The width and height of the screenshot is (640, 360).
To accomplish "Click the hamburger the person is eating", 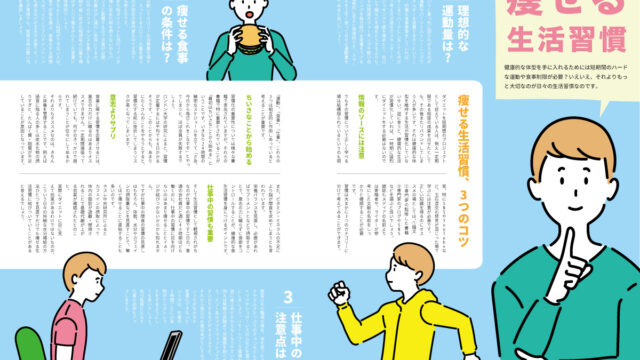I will click(x=248, y=38).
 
